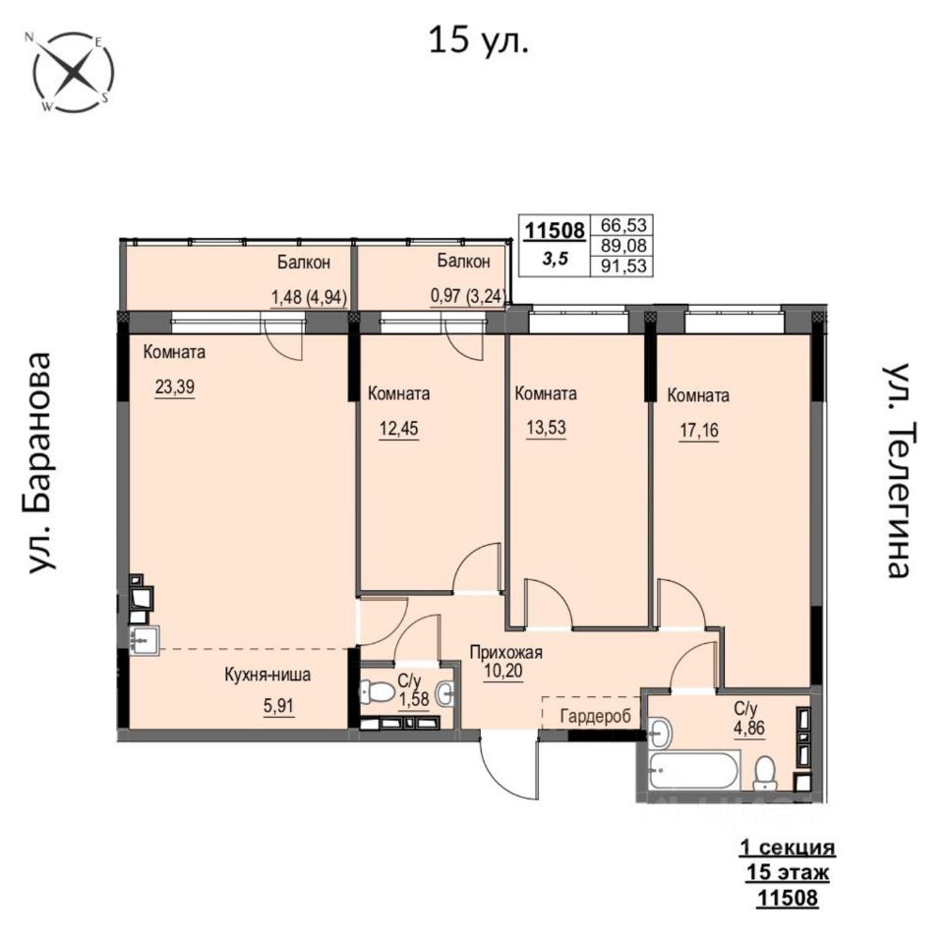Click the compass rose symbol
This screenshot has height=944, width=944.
pyautogui.click(x=73, y=72)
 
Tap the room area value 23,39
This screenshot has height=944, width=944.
pyautogui.click(x=175, y=386)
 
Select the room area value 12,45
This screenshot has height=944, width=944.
pyautogui.click(x=398, y=429)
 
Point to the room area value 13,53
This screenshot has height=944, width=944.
pyautogui.click(x=546, y=428)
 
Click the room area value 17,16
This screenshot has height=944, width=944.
pyautogui.click(x=699, y=431)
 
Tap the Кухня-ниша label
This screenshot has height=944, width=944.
pyautogui.click(x=267, y=675)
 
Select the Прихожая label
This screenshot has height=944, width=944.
pyautogui.click(x=506, y=652)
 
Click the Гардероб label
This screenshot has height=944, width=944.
pyautogui.click(x=596, y=716)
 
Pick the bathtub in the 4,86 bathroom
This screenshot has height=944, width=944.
pyautogui.click(x=693, y=770)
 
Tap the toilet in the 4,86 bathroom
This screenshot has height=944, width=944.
pyautogui.click(x=765, y=773)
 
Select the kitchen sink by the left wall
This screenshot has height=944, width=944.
pyautogui.click(x=144, y=639)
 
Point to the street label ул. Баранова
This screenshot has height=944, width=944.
pyautogui.click(x=42, y=462)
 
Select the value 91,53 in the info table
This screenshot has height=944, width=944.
pyautogui.click(x=623, y=265)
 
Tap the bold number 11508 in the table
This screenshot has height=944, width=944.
pyautogui.click(x=555, y=230)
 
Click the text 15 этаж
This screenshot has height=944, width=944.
pyautogui.click(x=788, y=872)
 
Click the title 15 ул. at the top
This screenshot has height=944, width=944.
pyautogui.click(x=479, y=41)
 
